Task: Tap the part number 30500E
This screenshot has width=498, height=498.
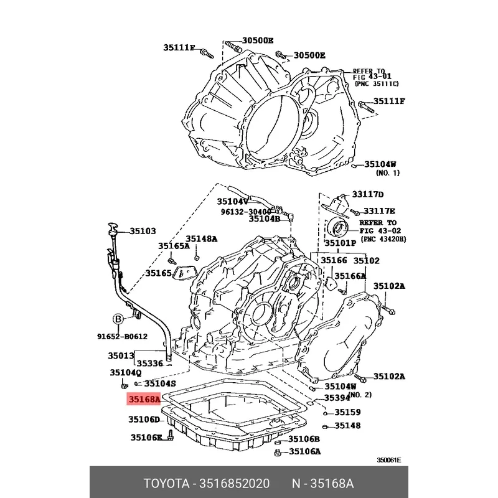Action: point(258,41)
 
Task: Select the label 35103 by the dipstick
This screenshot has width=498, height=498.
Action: point(143,231)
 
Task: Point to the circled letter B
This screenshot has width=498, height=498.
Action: point(118,319)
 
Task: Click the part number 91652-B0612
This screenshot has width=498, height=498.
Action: point(121,337)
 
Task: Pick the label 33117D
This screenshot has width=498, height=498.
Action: point(369,195)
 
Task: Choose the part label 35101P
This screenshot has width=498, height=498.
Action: point(341,243)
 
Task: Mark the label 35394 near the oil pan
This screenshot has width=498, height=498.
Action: point(337,398)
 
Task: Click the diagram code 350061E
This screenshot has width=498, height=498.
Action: point(388,461)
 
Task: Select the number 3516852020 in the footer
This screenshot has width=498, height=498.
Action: point(235,484)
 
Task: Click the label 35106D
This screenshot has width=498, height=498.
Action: point(144,420)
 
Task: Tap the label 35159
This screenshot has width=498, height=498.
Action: point(347,412)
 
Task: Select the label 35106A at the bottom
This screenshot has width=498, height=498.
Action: point(304,451)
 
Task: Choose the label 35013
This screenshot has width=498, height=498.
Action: point(121,357)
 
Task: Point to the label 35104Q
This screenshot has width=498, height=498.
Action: point(126,372)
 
